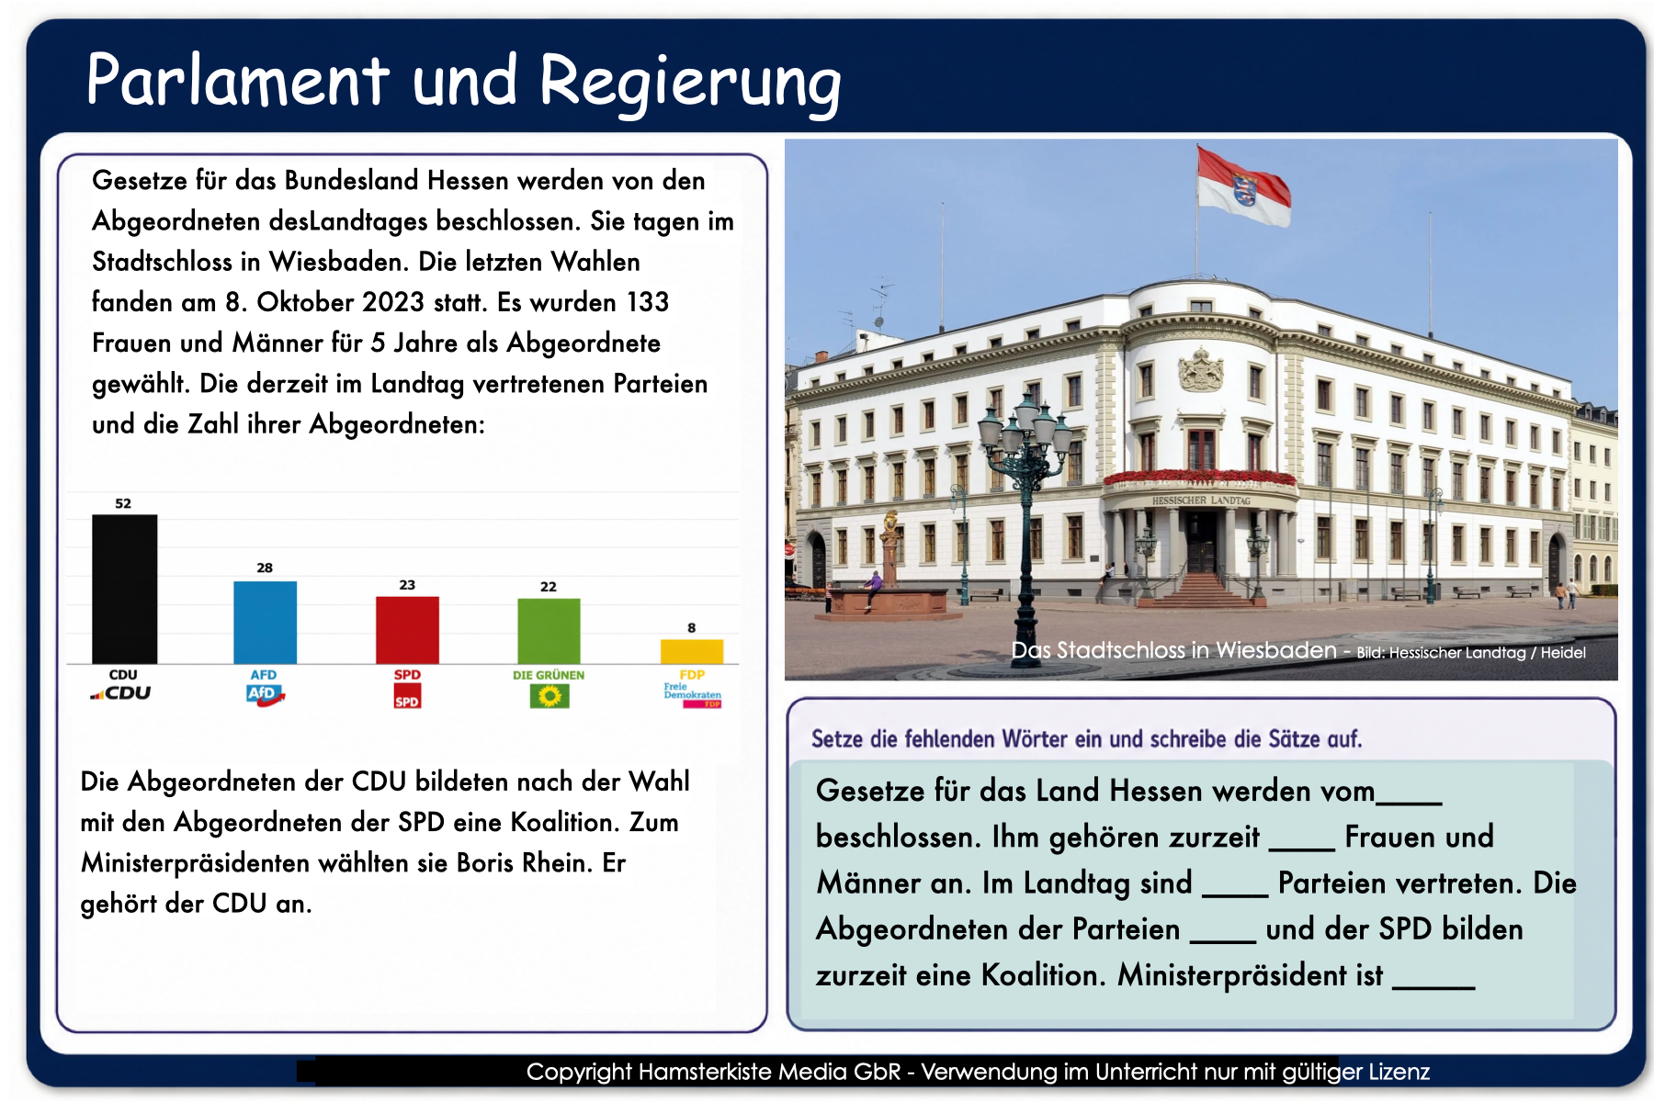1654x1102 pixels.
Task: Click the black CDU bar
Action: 124,589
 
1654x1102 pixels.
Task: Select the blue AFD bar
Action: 265,623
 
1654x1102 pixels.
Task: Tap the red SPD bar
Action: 407,630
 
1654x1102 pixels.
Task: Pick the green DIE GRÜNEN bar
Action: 549,631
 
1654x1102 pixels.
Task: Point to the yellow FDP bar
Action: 692,651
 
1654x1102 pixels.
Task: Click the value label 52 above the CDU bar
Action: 123,503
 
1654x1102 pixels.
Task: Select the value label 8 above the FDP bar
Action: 692,628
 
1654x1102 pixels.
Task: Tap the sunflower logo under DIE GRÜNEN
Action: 549,696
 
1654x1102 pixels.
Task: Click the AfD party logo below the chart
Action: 266,695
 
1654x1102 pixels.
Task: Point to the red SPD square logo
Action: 407,696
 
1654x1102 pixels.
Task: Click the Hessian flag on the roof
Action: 1243,186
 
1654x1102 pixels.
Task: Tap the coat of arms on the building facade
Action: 1201,369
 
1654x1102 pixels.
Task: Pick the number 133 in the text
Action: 648,302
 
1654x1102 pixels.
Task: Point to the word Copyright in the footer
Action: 579,1072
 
